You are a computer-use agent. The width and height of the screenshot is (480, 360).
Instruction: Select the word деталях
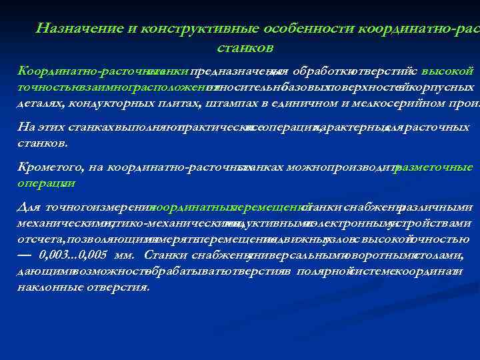click(x=37, y=103)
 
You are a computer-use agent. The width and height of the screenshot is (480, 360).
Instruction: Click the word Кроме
click(x=33, y=167)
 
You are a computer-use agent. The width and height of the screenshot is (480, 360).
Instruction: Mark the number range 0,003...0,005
click(x=74, y=255)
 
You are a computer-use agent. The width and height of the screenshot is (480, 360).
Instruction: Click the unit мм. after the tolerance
click(x=126, y=255)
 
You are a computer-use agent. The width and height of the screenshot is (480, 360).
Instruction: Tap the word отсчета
click(x=33, y=239)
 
